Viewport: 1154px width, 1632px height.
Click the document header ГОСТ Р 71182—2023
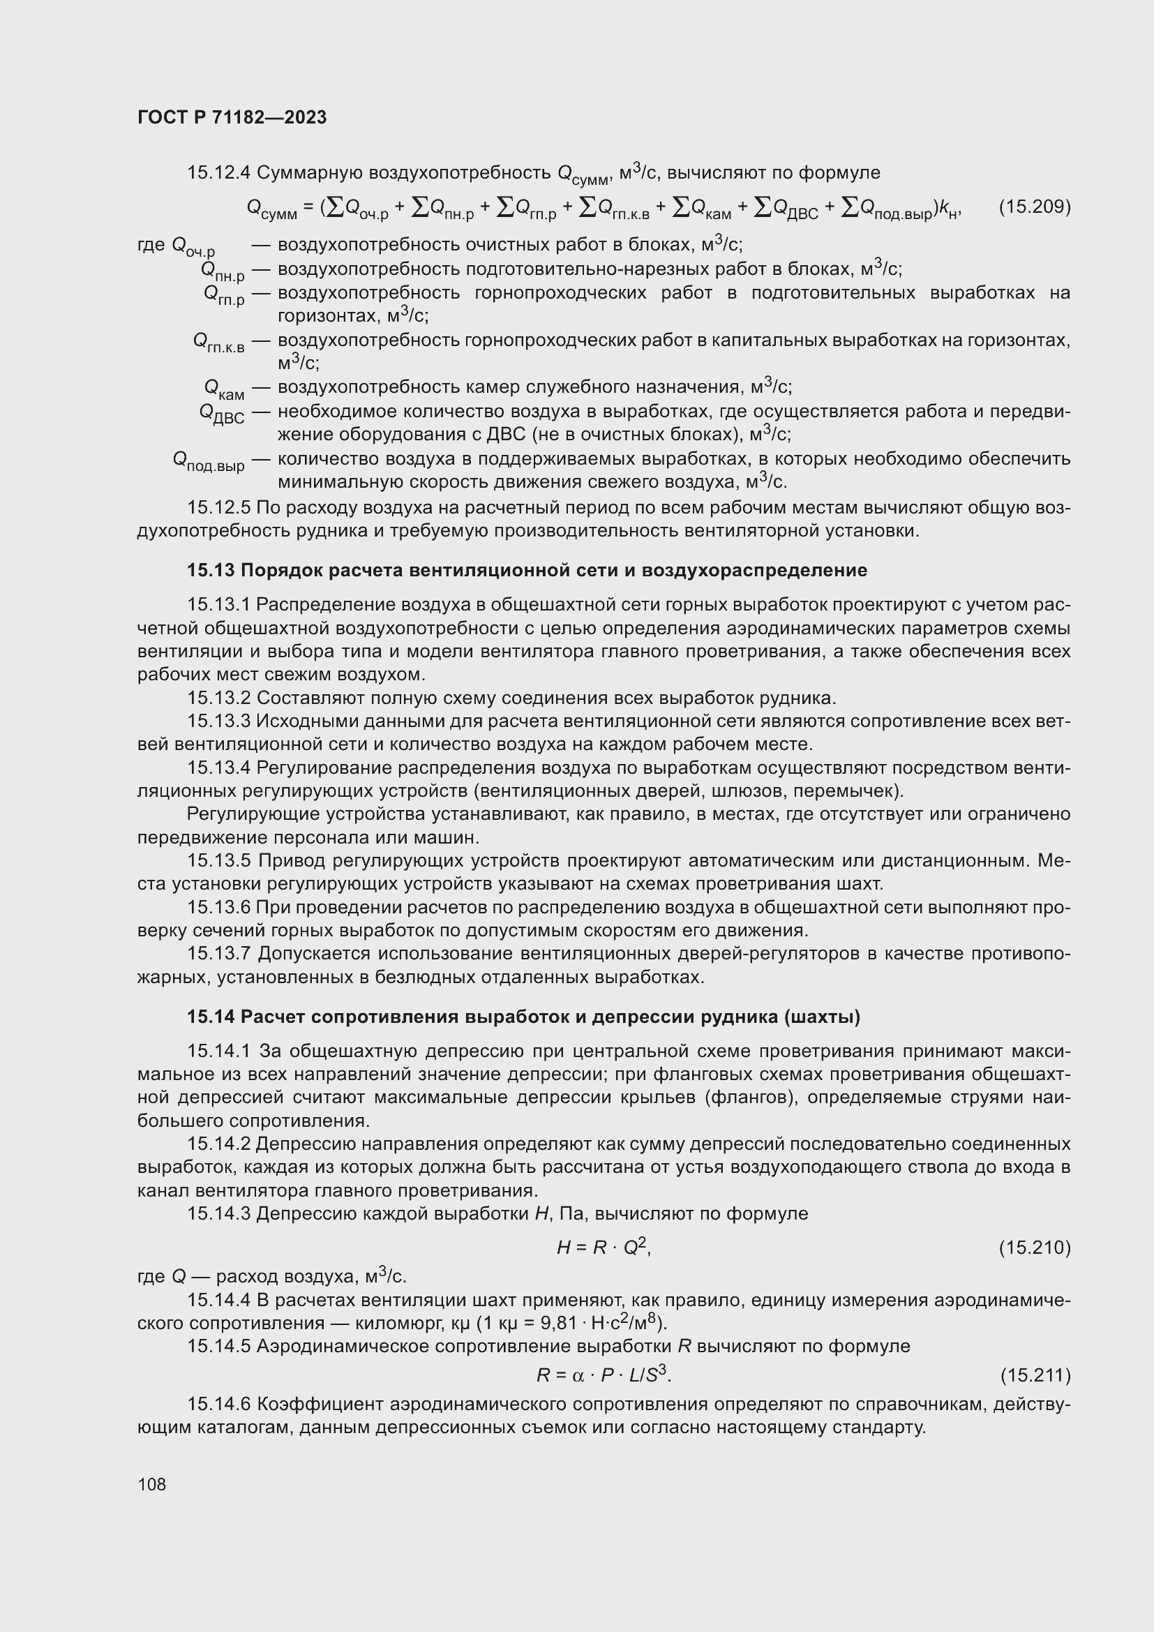tap(232, 117)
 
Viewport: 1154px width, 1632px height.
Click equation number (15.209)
tap(1034, 207)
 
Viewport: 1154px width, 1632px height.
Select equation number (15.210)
tap(1034, 1247)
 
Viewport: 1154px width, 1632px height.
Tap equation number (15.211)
tap(1035, 1375)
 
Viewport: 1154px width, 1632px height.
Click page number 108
tap(151, 1484)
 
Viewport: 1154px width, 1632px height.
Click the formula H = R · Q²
tap(604, 1247)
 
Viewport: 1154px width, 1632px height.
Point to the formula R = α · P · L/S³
tap(604, 1375)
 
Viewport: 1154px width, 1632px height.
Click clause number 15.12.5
tap(219, 507)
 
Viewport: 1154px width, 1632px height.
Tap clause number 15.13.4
tap(219, 768)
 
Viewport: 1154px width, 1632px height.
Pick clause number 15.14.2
tap(219, 1144)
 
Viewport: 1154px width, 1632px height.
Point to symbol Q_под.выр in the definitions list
tap(208, 461)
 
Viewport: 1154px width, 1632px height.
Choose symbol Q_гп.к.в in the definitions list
tap(218, 343)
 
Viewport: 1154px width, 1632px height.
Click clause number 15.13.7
tap(219, 953)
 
